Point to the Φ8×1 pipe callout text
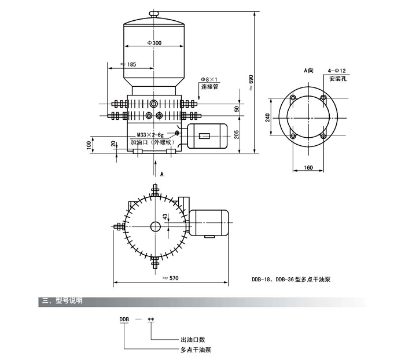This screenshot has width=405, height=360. pos(209,79)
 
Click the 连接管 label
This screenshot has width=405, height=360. pos(209,87)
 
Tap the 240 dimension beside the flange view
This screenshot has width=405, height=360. pos(267,117)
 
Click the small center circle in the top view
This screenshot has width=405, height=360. pos(154,226)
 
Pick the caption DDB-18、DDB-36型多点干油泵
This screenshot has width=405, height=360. pos(291,279)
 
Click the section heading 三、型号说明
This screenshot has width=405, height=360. pos(61,301)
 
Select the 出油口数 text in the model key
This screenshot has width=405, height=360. pos(193,340)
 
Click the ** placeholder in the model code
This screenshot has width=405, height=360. pos(150,319)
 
